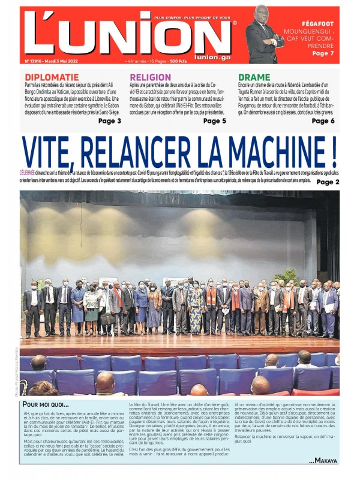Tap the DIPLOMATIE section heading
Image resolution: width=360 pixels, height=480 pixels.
point(52,77)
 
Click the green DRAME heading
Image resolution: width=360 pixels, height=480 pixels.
point(254,77)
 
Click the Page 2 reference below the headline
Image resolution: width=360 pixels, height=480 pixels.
point(328,182)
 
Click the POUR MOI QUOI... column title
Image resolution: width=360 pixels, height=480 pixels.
point(46,404)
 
